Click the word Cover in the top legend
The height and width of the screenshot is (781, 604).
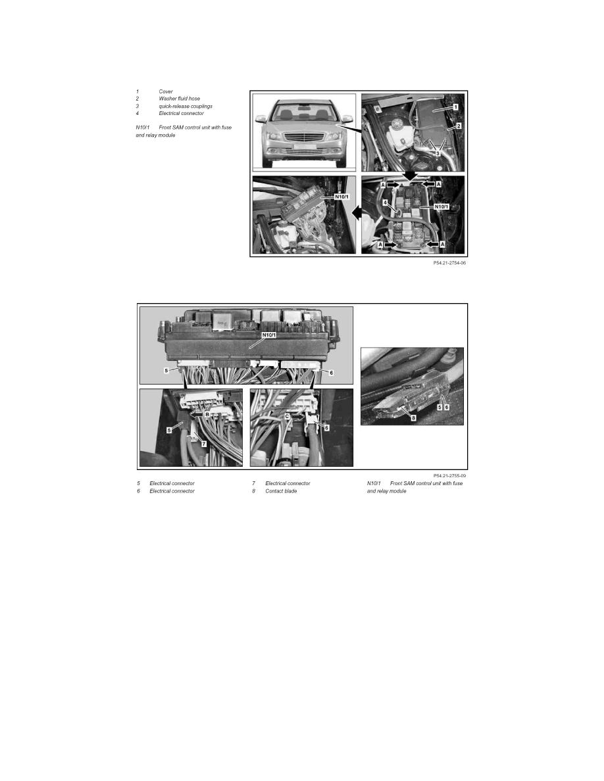tap(165, 91)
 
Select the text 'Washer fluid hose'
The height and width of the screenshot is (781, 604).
tap(180, 99)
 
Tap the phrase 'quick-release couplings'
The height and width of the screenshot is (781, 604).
tap(186, 106)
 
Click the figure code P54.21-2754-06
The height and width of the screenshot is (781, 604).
tap(449, 263)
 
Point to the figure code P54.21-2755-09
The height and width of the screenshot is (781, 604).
tap(449, 476)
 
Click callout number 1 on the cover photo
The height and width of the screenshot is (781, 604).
tap(455, 107)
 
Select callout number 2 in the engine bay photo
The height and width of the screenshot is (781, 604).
tap(459, 126)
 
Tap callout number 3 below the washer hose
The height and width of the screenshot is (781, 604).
tap(438, 153)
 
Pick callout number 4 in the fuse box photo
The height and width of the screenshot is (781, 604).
tap(385, 202)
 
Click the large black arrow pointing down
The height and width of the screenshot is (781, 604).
tap(410, 176)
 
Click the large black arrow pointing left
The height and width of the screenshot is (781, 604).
tap(357, 213)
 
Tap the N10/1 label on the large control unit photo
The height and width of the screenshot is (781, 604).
tap(268, 335)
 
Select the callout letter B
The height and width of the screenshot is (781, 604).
tap(207, 414)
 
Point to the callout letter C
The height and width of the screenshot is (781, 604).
tap(287, 416)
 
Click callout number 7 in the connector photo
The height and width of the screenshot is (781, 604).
tap(203, 443)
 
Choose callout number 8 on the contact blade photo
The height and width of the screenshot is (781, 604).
tap(413, 418)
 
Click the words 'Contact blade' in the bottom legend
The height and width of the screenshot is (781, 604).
tap(281, 491)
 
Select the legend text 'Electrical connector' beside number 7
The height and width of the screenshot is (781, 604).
tap(288, 483)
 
